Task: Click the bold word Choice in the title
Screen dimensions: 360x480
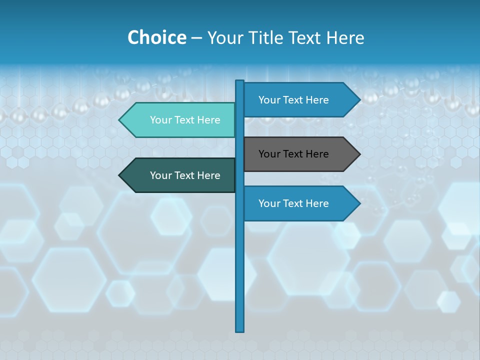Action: (156, 37)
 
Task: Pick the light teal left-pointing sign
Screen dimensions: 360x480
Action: (180, 120)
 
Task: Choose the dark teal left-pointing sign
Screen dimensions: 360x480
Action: (180, 175)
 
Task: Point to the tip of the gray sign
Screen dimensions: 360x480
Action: (359, 154)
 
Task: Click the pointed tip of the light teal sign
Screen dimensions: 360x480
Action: (120, 120)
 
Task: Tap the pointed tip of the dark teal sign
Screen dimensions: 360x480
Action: (120, 175)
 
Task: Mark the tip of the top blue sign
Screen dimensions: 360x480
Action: (359, 100)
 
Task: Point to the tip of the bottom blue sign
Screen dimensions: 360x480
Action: (359, 203)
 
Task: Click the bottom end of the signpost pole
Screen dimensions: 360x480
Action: (240, 330)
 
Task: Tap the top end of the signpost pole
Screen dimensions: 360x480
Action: (240, 81)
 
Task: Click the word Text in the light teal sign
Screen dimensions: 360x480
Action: (185, 120)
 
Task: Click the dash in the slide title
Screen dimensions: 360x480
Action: (196, 38)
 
